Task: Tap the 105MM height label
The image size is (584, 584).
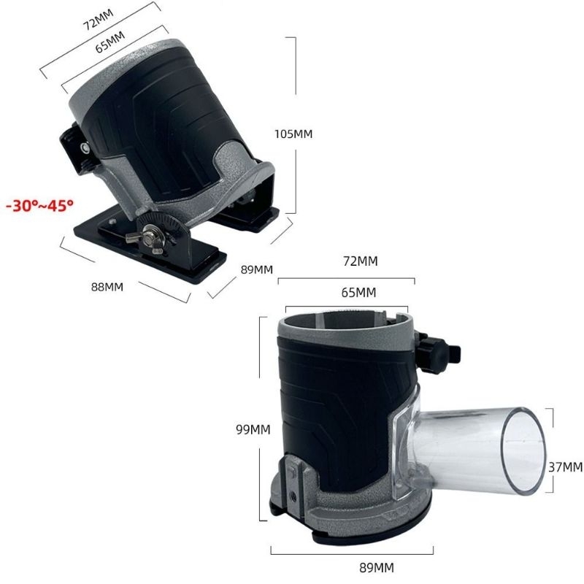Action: coord(293,134)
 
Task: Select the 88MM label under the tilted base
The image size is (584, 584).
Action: coord(107,286)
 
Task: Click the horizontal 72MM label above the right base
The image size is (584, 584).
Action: coord(360,261)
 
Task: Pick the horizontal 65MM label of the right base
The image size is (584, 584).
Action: coord(358,293)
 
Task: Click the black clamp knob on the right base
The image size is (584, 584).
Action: coord(442,352)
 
